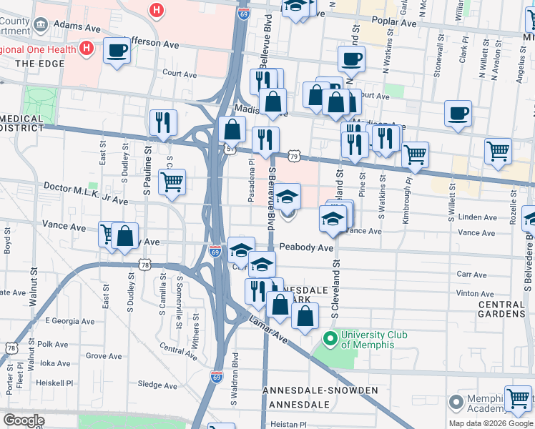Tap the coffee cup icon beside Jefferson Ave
coord(117,51)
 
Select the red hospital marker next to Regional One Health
coord(87,48)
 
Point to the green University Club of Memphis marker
coord(330,336)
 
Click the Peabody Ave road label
coord(306,247)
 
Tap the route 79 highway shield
coord(293,155)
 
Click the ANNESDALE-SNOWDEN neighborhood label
coord(320,390)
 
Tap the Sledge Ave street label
coord(157,385)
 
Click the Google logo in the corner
coord(24,420)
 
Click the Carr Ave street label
coord(471,275)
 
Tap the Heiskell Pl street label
coord(57,383)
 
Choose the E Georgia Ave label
coord(71,321)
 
